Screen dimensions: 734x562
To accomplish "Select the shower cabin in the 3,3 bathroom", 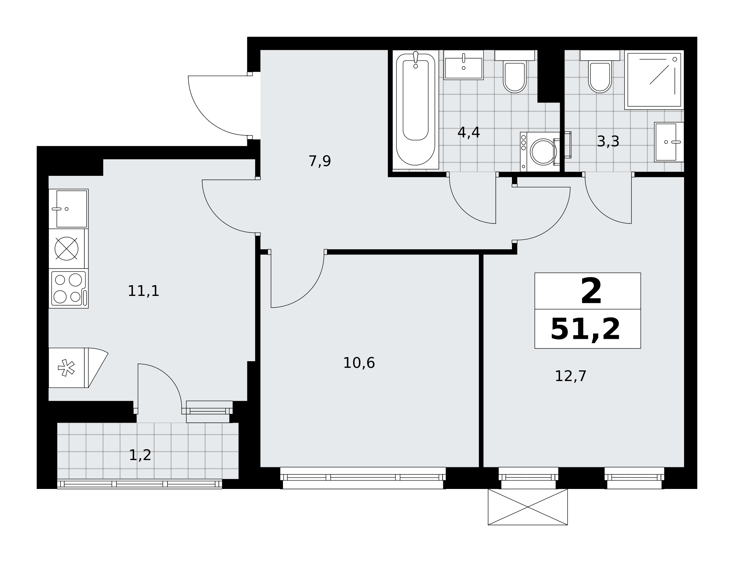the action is click(x=654, y=80).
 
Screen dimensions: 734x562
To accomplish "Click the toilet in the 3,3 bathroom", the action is click(x=600, y=71).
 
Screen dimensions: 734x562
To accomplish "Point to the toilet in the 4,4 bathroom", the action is click(x=515, y=71).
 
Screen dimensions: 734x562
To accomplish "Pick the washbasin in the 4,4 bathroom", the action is click(x=464, y=65).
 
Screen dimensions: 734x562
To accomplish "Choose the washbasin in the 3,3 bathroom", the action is click(x=669, y=142).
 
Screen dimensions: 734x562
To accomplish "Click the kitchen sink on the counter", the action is click(x=69, y=209).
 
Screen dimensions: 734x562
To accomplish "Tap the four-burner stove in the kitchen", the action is click(x=69, y=288).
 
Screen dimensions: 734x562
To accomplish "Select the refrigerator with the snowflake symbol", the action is click(x=69, y=368).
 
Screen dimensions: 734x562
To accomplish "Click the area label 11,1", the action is click(x=143, y=291).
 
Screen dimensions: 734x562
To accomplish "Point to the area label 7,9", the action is click(x=320, y=161).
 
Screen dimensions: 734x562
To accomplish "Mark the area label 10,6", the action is click(x=359, y=363).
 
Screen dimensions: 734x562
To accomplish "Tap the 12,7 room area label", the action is click(x=571, y=376).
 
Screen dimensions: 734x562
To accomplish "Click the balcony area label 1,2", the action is click(x=140, y=455).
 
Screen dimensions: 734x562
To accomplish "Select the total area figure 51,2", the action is click(x=585, y=329).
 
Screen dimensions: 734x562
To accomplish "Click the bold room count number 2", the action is click(x=591, y=291).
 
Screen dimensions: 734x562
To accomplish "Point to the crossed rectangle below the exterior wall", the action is click(x=528, y=507).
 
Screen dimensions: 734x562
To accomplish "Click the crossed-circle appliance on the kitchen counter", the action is click(x=66, y=249).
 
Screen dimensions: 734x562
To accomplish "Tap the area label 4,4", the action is click(x=469, y=132).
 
